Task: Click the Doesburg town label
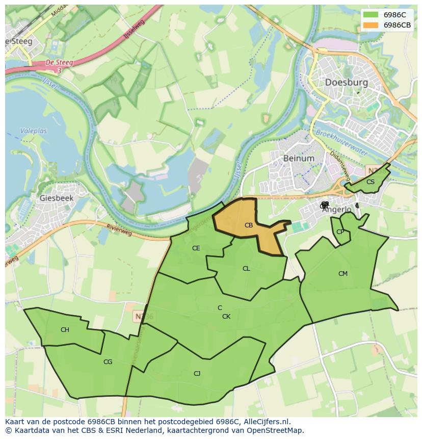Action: tap(346, 82)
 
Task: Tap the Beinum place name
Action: tap(299, 158)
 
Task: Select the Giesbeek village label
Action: tap(56, 198)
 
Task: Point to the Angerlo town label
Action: tap(337, 209)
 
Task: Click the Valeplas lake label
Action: tap(33, 131)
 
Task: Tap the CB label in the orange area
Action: tap(249, 225)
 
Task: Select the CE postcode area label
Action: tap(196, 248)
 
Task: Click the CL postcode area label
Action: tap(246, 269)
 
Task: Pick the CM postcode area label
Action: tap(343, 274)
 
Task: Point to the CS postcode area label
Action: tap(371, 182)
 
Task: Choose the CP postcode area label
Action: tap(340, 232)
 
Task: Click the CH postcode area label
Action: tap(65, 330)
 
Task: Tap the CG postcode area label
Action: tap(108, 362)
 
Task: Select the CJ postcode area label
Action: tap(197, 374)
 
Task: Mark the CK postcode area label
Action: tap(226, 317)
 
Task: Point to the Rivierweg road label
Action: tap(120, 230)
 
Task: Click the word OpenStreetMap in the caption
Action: tap(278, 430)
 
